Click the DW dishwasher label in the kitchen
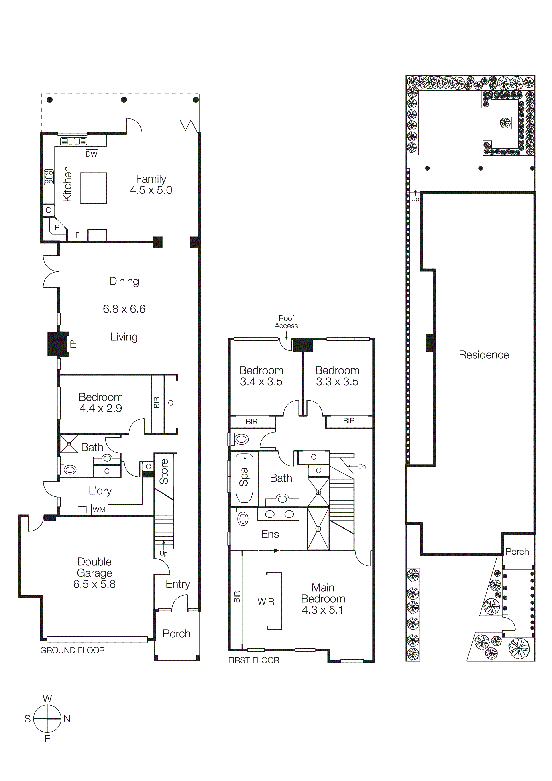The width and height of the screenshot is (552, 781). coord(91,154)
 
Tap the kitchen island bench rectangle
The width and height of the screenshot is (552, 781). coord(93,188)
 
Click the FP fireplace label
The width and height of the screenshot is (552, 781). coord(73,344)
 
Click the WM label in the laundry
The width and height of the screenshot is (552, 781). coord(99,510)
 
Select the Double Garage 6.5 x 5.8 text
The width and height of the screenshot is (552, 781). coord(95,573)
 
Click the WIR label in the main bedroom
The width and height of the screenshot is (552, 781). coord(266,601)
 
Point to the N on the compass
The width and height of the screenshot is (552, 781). coord(67,719)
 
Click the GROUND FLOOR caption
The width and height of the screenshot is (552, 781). coord(72,650)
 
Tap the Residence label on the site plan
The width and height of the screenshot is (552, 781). coord(484,355)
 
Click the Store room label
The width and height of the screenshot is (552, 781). coord(164,472)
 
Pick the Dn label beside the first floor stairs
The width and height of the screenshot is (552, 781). coord(362,466)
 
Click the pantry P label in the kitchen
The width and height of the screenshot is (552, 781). coord(57,227)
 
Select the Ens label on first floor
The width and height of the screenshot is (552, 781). coord(270,534)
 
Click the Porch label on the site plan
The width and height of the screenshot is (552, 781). coord(517,552)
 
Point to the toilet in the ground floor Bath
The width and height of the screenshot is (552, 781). coord(70,470)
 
